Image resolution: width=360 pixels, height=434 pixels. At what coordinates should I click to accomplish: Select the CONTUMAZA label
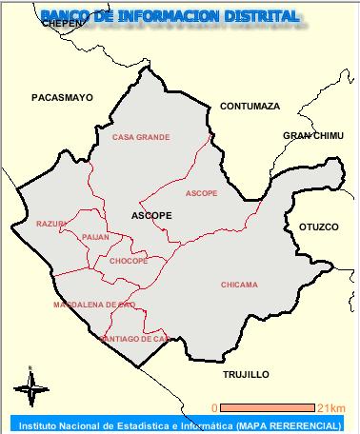(250, 106)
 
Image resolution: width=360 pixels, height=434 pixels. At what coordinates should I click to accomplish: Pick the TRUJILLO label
(246, 374)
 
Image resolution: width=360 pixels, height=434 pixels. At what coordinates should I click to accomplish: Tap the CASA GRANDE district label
(141, 137)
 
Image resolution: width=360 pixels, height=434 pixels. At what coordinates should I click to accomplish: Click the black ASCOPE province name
(151, 215)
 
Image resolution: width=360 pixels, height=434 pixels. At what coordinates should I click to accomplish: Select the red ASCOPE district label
(201, 193)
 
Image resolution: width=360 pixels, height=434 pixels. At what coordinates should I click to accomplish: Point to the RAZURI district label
(50, 224)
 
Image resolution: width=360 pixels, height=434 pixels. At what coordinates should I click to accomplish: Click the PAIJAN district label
(95, 236)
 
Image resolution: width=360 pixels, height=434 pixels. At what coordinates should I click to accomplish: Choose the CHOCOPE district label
(128, 260)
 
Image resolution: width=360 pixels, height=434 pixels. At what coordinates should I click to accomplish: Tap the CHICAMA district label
(239, 284)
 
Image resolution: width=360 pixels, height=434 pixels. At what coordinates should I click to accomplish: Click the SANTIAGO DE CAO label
(134, 339)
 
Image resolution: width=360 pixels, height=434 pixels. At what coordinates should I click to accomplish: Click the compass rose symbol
(30, 384)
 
